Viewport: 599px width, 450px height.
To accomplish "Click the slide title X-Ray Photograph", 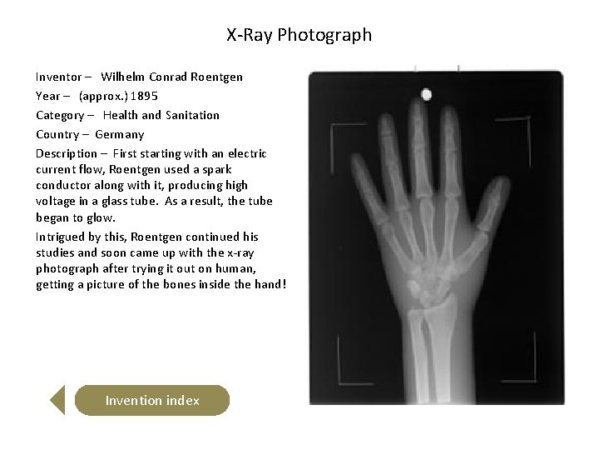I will (299, 35).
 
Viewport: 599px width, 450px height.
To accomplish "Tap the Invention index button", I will (152, 401).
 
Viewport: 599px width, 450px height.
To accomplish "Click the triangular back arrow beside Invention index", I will (57, 400).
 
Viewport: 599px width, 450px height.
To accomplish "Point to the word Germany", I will (119, 134).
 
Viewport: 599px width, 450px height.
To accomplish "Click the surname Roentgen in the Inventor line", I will (215, 77).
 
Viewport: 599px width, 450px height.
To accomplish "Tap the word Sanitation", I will (192, 115).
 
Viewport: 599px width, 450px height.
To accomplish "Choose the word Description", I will (66, 153).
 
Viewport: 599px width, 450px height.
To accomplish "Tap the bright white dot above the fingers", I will (427, 94).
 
